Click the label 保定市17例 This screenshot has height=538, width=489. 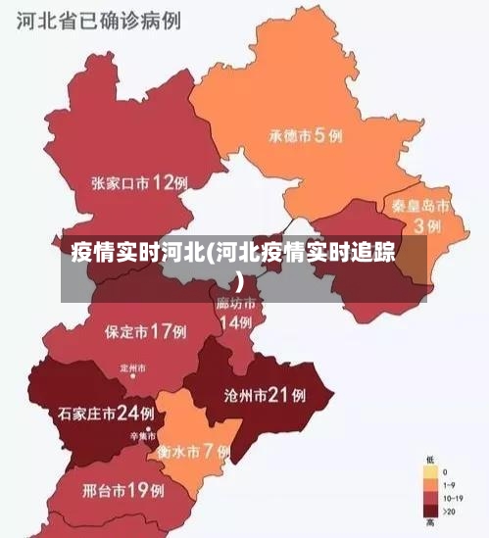145,331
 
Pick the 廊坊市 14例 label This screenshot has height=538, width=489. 235,313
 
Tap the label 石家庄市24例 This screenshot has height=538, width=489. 106,413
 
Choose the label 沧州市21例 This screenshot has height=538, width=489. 265,396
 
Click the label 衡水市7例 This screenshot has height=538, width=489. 193,452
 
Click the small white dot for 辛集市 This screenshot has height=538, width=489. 148,428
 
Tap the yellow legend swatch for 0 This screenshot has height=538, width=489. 430,471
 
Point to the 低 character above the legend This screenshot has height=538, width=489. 430,459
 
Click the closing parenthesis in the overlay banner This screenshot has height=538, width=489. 239,279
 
